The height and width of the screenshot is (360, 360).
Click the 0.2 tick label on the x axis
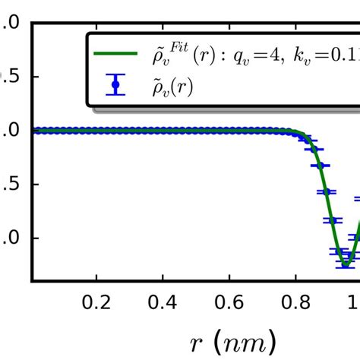point(96,302)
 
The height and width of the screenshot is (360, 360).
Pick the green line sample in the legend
point(115,55)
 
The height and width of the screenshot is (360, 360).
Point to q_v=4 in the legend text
point(259,55)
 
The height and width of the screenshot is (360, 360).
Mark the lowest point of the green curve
point(346,266)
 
